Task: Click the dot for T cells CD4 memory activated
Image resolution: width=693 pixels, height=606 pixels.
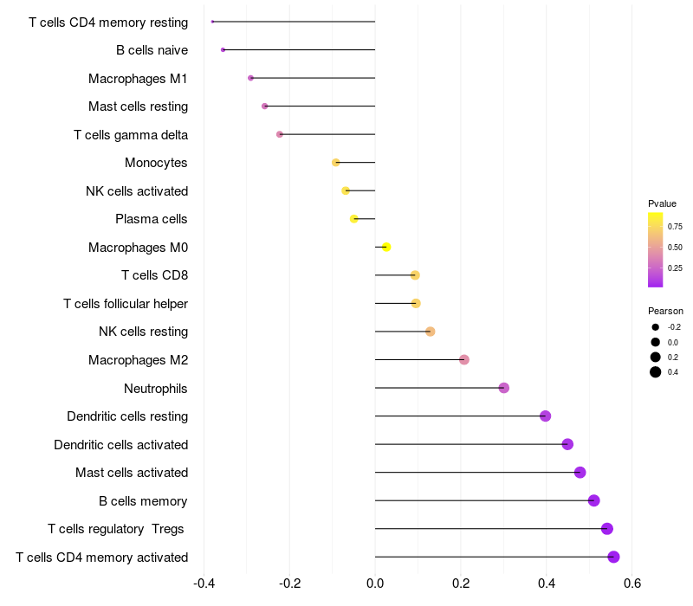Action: coord(613,557)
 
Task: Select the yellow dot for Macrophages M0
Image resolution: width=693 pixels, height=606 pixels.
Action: coord(386,247)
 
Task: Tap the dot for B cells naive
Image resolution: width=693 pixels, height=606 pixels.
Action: coord(223,50)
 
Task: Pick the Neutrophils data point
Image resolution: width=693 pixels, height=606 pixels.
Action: coord(504,388)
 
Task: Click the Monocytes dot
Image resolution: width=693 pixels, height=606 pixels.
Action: coord(336,163)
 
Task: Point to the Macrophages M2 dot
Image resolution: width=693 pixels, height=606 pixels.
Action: coord(464,359)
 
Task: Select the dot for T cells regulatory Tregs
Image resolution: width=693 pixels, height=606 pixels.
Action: coord(607,529)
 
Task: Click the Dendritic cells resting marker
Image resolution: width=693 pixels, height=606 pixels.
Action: coord(546,416)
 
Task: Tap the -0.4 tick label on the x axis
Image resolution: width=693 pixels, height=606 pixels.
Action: coord(204,583)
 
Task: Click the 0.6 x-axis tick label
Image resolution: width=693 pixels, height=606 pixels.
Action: coord(632,583)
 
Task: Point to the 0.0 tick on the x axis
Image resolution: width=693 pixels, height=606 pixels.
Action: coord(375,583)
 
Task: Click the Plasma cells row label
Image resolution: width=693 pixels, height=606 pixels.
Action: coord(151,219)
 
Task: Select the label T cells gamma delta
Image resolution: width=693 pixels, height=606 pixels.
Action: coord(131,135)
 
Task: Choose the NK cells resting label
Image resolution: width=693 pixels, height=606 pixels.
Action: coord(143,332)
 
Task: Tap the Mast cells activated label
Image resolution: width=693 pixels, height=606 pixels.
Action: coord(132,473)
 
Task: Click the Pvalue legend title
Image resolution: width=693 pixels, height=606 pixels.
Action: coord(662,203)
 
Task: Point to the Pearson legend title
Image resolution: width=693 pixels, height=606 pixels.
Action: coord(665,311)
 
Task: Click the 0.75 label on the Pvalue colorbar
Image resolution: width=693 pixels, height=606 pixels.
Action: coord(675,227)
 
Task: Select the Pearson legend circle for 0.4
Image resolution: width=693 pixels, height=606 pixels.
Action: coord(656,372)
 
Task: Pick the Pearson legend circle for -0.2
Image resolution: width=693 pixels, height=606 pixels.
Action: coord(656,327)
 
